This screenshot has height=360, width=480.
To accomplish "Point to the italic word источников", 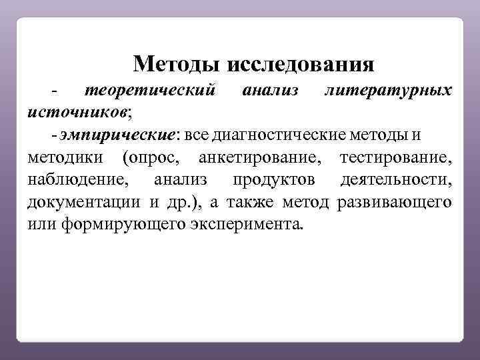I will (72, 111).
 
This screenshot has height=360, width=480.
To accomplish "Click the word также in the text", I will (259, 202).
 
